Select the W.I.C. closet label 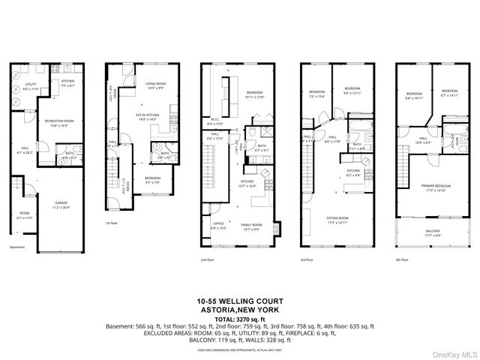(x=212, y=122)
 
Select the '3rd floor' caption (x=308, y=259)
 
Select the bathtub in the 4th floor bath (x=454, y=139)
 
